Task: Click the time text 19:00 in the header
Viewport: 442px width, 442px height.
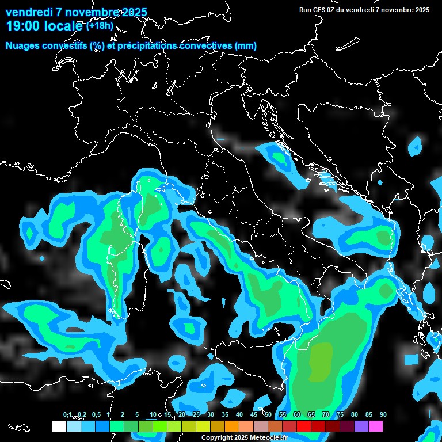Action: (x=23, y=26)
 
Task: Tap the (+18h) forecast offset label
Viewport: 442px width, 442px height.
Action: (x=100, y=26)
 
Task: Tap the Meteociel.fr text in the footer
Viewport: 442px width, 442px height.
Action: (x=272, y=438)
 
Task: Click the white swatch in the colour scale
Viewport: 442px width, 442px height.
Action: (x=59, y=426)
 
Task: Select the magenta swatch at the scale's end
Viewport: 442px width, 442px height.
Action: (x=376, y=426)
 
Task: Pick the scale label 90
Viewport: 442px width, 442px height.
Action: (x=383, y=414)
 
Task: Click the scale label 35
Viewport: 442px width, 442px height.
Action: (x=225, y=414)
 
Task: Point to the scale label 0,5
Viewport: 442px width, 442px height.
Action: (x=96, y=414)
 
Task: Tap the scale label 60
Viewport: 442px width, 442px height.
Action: (x=297, y=414)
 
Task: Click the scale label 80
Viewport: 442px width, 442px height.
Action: (x=355, y=414)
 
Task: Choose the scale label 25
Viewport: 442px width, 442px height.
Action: (x=196, y=414)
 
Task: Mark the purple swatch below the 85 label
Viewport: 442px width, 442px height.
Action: (x=361, y=426)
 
